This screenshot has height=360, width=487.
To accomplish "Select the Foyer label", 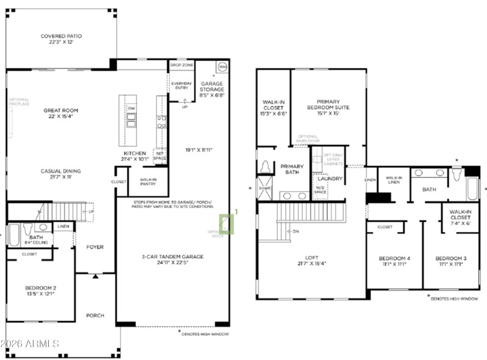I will [94, 247].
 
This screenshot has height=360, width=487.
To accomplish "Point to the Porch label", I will [94, 316].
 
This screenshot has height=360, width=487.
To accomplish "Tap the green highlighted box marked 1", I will [226, 223].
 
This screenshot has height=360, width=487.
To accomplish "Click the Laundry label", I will [330, 179].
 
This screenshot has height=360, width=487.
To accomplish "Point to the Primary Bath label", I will [292, 169].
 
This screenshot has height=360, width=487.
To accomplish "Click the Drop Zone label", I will [181, 65].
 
